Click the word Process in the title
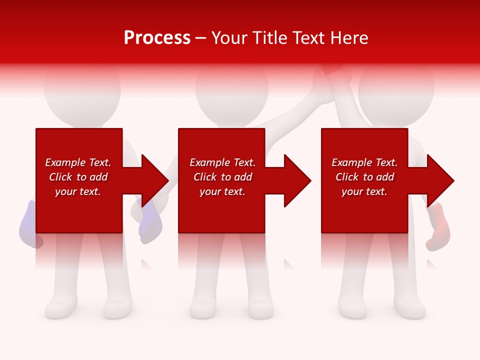click(157, 38)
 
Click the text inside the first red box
click(78, 177)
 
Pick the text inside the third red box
click(364, 177)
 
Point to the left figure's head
click(82, 87)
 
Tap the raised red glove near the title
click(331, 69)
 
